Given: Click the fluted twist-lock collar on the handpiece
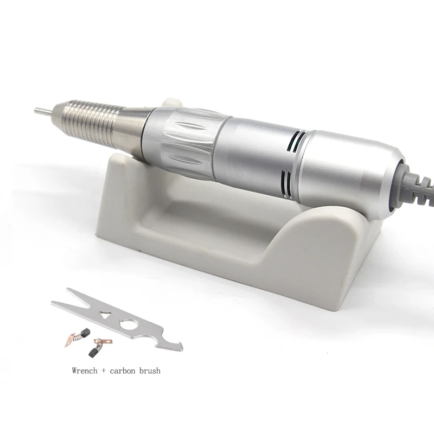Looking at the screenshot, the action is [x=180, y=141].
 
